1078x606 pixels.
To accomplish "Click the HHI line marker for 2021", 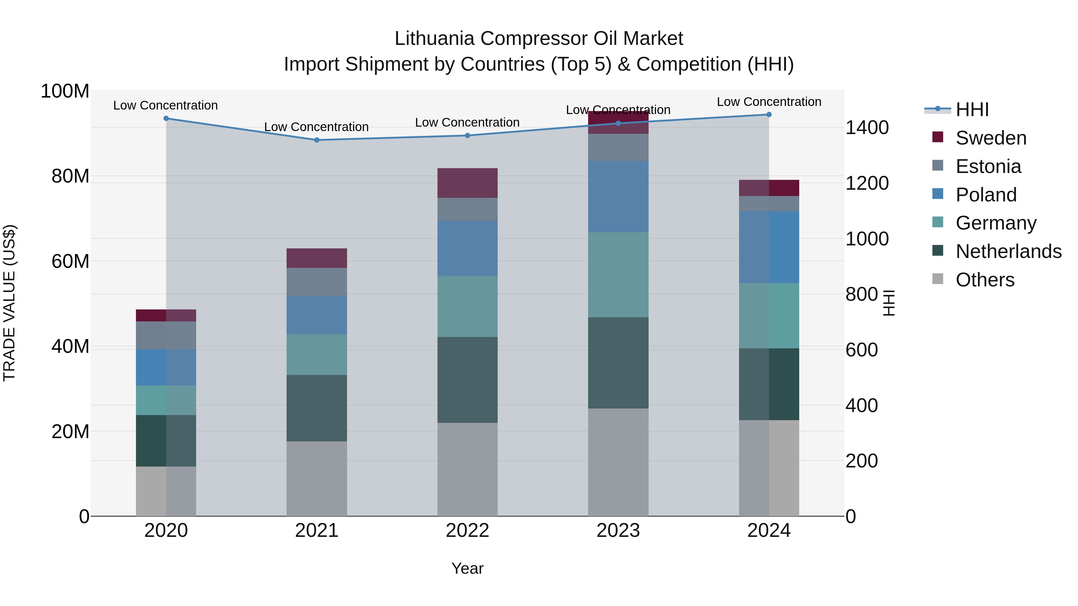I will pos(317,140).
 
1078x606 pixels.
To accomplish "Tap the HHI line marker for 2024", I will pos(769,115).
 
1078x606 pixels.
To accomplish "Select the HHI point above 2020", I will pos(166,118).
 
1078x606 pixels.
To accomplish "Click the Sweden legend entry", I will pos(991,138).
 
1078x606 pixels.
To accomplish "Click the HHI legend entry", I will pos(972,110).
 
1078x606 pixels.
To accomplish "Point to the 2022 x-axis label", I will pos(467,531).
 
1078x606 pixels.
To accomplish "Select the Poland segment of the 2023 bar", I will pos(618,197).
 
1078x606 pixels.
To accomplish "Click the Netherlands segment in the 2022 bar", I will pos(467,380).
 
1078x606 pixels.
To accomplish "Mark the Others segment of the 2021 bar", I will pos(317,479).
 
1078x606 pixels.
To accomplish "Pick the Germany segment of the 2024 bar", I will pos(769,316).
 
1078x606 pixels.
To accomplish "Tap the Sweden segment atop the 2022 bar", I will pos(467,183).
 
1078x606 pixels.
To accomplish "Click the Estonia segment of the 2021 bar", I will pos(317,282).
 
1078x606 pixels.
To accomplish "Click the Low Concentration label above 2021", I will pos(317,127).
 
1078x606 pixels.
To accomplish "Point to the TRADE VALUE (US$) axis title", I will pos(9,303).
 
